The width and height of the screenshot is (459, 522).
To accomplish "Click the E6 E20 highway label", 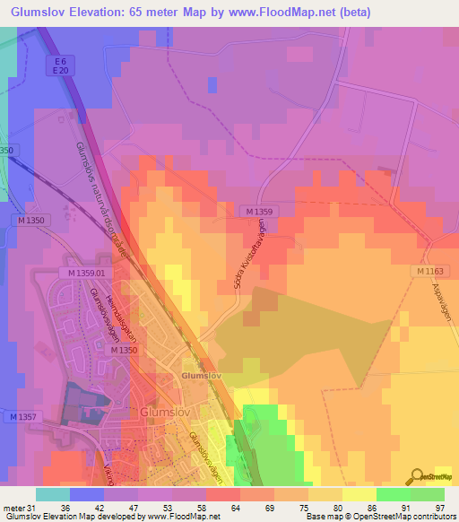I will (x=58, y=65).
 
